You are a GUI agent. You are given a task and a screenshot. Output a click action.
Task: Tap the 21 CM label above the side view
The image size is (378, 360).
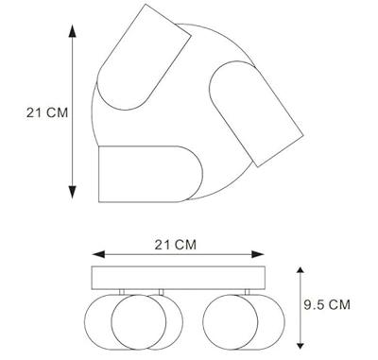[x=176, y=246]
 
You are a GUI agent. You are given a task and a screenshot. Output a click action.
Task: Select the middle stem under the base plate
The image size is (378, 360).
[x=162, y=291]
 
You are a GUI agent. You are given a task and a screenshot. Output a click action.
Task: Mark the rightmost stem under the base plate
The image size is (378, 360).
[x=246, y=291]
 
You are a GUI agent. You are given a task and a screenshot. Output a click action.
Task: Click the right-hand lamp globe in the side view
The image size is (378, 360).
[x=232, y=320]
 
